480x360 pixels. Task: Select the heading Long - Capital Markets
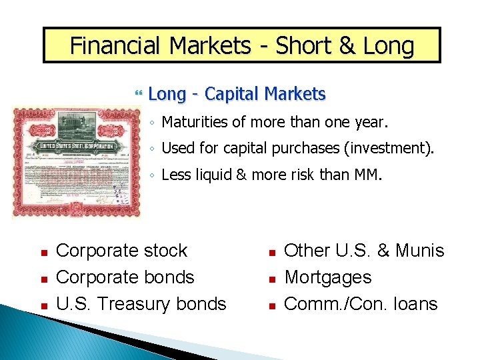click(x=237, y=94)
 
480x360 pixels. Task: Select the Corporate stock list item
click(x=122, y=251)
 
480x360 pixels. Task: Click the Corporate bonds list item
click(x=125, y=277)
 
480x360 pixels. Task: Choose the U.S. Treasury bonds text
click(x=141, y=304)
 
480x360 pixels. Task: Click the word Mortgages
click(x=327, y=277)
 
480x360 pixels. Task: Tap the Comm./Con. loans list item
click(x=361, y=304)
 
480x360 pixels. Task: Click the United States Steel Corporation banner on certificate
click(x=76, y=146)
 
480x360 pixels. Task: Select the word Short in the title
click(x=303, y=46)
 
